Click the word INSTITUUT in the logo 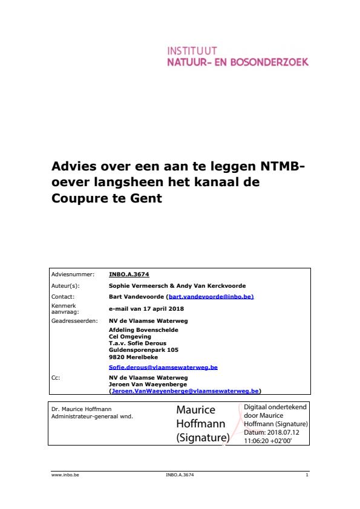192,51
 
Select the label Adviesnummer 73,274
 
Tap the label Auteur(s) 65,286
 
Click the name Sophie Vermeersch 134,286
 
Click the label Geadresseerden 74,320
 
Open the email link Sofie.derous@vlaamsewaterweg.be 163,367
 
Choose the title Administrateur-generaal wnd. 92,417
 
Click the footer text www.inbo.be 65,475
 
